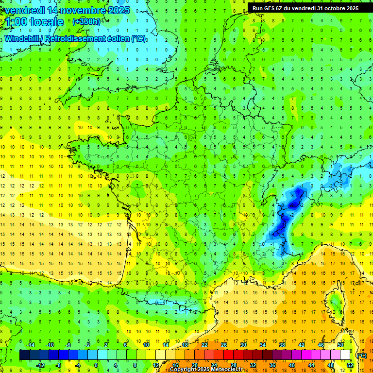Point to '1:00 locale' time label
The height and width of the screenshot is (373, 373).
click(x=34, y=22)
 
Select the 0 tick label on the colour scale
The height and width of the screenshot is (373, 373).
click(x=96, y=365)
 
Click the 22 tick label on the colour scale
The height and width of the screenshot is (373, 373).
click(x=204, y=345)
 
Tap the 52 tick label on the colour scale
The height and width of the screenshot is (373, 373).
click(x=350, y=365)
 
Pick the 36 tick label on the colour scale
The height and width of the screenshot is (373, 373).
click(x=272, y=365)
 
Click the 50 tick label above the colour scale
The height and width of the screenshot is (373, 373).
click(x=340, y=345)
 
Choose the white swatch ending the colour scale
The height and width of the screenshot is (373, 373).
click(x=345, y=355)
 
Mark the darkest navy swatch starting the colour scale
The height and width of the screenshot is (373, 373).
click(x=24, y=355)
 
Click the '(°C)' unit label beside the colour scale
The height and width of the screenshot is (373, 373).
click(x=361, y=356)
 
